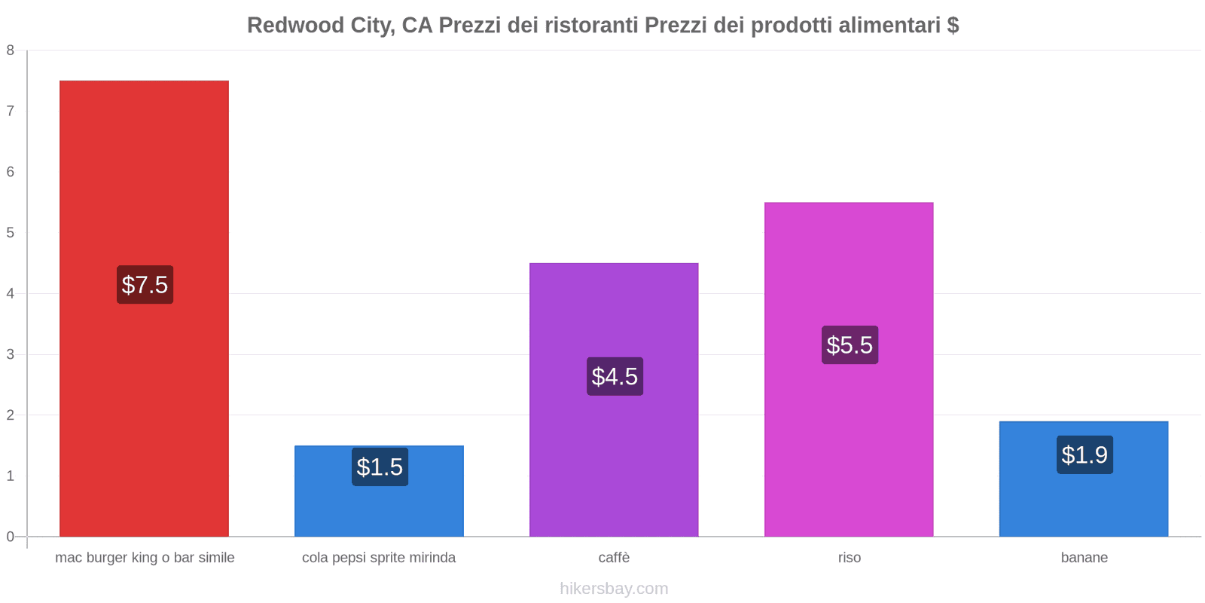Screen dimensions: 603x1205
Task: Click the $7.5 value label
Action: [145, 285]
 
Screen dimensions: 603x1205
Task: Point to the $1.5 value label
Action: [380, 467]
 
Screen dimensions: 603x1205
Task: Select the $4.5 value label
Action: [615, 376]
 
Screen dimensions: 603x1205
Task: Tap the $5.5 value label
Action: [850, 345]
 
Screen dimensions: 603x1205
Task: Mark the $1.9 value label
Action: [1084, 455]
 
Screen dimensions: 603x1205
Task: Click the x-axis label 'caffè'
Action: [614, 558]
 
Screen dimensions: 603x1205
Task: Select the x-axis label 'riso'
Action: [849, 558]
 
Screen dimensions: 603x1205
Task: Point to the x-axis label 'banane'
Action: [1084, 558]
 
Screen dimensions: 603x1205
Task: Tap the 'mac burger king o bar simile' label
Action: [145, 558]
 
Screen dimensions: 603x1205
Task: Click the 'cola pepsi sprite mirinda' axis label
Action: [379, 558]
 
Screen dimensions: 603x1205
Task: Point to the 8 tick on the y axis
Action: [11, 51]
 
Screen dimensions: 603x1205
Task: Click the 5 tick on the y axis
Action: [11, 233]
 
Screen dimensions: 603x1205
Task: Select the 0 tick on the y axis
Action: [11, 537]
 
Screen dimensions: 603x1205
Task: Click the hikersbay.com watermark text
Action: [614, 589]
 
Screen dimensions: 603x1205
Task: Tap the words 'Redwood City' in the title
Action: [316, 26]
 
